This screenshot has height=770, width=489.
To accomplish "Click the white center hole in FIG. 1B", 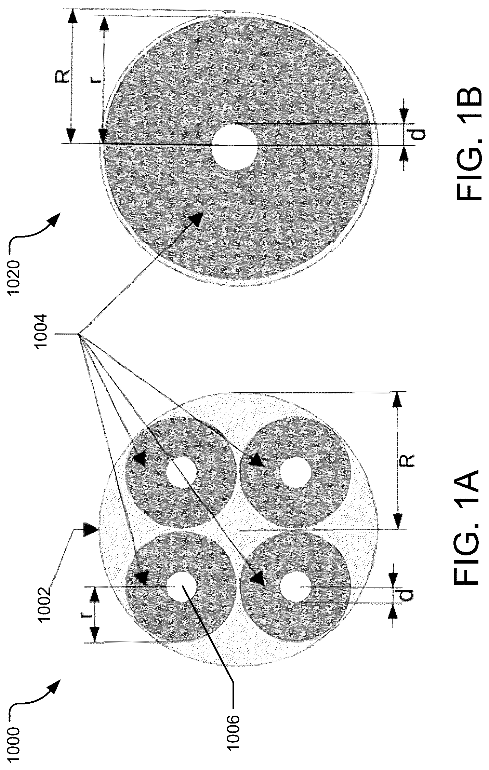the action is coord(234,147).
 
